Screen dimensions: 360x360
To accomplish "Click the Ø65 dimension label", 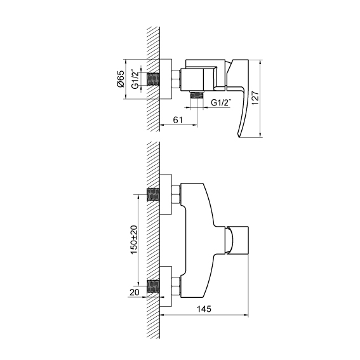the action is (x=121, y=79).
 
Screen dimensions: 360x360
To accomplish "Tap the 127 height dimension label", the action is (x=255, y=98).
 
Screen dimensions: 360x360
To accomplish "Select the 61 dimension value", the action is (x=178, y=120).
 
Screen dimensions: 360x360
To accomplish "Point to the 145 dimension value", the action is (x=204, y=309).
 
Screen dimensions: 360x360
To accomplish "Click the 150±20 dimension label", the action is (x=133, y=239).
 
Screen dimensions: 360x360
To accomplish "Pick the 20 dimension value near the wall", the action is (x=135, y=292).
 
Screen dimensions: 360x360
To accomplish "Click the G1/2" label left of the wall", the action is (x=135, y=79).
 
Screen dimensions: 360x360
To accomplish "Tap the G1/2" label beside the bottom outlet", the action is (x=221, y=102).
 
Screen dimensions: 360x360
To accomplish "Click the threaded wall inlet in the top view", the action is (x=153, y=79).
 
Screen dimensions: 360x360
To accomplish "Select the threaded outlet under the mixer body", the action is (x=197, y=95).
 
